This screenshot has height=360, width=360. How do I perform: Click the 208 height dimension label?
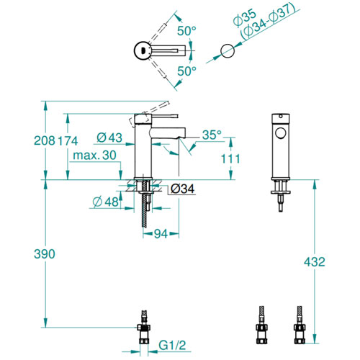[x=45, y=140]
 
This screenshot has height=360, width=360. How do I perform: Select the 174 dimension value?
[x=68, y=141]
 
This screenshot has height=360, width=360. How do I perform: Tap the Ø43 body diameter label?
[x=109, y=138]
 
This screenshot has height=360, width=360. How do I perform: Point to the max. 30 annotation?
[x=94, y=156]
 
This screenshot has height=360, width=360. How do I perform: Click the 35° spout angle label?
[x=212, y=135]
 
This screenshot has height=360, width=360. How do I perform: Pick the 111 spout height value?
[x=230, y=159]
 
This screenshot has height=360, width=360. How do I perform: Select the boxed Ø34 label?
[x=183, y=189]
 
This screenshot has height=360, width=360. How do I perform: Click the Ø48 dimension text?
[x=106, y=202]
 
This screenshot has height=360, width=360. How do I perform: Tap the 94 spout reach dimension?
[x=161, y=234]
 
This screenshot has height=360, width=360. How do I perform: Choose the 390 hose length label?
[x=45, y=254]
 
